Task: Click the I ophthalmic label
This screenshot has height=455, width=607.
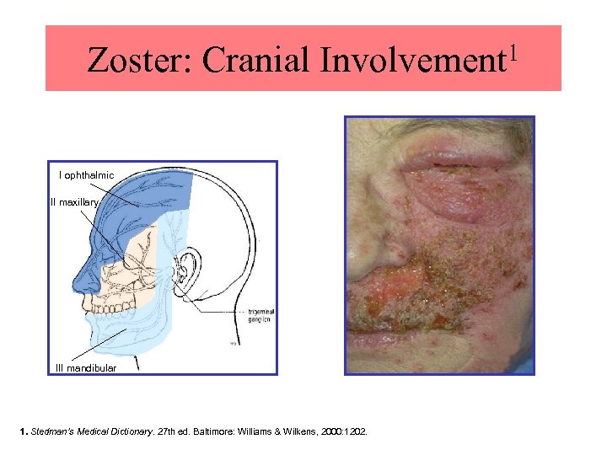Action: pyautogui.click(x=87, y=175)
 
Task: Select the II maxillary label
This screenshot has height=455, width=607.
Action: pyautogui.click(x=77, y=202)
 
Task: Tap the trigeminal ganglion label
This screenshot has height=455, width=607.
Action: pyautogui.click(x=261, y=315)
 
